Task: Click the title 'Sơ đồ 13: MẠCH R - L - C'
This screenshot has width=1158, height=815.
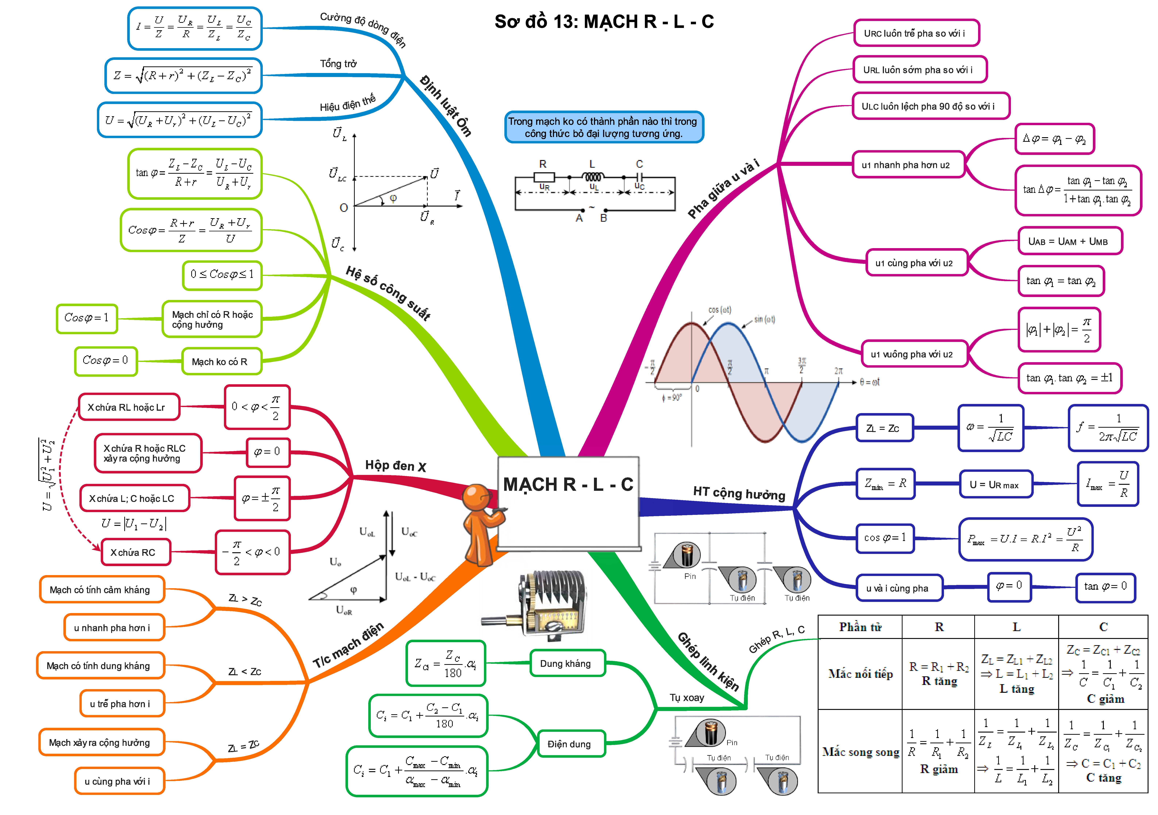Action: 604,22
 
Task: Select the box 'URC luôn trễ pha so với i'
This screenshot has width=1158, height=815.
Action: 916,33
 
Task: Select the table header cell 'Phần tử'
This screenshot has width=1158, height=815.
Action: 860,627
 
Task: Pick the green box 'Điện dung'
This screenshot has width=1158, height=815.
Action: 570,744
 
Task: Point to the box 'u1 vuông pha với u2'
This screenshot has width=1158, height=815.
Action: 913,354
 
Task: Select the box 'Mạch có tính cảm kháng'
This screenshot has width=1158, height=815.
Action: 101,589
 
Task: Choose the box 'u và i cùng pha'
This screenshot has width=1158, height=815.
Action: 898,588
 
